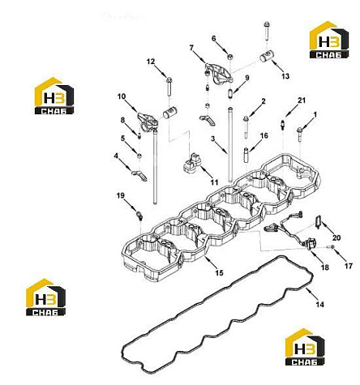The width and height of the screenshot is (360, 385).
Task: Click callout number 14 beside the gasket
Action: [319, 305]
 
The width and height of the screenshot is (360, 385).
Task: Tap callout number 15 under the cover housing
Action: [220, 273]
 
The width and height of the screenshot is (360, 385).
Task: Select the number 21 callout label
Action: [302, 101]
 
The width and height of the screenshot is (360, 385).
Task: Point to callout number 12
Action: [151, 62]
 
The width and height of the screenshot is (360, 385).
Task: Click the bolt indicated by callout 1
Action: [299, 135]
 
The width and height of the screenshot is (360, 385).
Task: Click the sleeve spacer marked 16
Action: [246, 155]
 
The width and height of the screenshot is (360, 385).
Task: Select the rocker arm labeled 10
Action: [147, 122]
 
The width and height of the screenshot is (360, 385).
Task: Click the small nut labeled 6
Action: [230, 57]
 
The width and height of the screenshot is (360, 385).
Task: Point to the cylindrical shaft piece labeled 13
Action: [267, 57]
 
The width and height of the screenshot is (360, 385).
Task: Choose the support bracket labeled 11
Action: [192, 162]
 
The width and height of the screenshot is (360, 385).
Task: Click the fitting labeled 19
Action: [139, 216]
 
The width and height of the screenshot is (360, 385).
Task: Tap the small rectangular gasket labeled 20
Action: [318, 221]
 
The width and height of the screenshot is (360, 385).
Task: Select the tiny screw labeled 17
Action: [332, 246]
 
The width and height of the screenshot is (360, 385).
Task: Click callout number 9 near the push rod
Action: [246, 78]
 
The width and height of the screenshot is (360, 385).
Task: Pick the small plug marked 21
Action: [282, 125]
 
